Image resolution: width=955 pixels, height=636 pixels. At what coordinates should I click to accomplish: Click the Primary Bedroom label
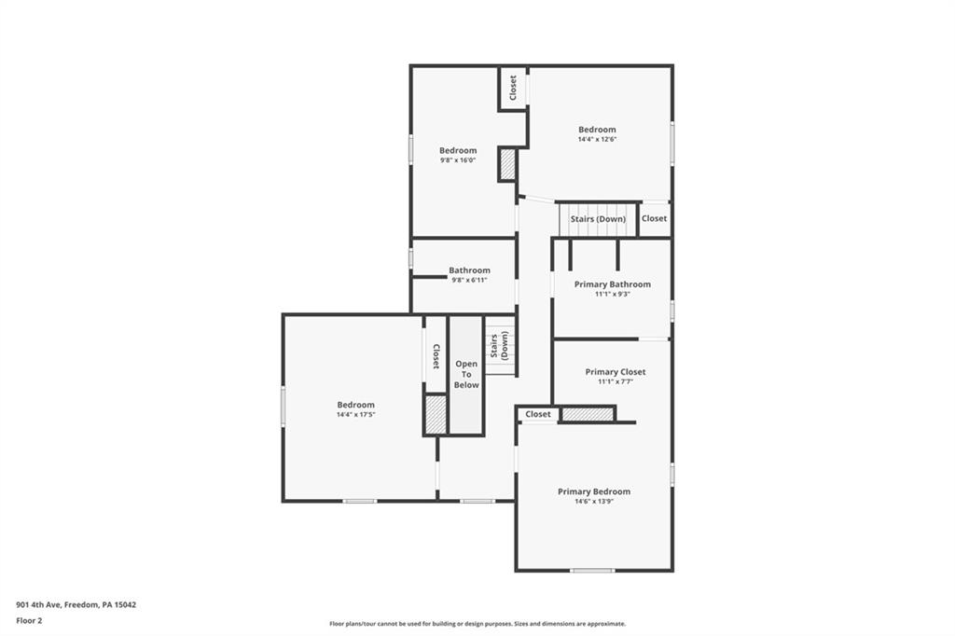tap(593, 491)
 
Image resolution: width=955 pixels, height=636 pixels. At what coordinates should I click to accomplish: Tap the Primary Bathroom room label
tap(612, 284)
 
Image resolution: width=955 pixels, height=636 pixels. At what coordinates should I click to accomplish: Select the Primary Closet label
tap(615, 372)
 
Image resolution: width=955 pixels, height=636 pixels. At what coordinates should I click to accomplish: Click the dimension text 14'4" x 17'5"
tap(355, 415)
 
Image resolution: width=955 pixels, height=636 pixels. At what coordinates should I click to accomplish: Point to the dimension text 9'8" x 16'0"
tap(457, 160)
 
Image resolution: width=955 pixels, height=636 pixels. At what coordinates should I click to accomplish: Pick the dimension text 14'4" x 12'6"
tap(597, 140)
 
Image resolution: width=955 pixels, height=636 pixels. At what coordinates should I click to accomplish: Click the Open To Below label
tap(466, 374)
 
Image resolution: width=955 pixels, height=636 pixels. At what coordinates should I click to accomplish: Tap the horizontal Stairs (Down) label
tap(598, 219)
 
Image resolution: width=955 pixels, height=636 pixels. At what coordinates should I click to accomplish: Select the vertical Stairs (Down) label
tap(500, 346)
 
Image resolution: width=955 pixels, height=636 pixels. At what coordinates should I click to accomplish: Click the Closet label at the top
tap(513, 89)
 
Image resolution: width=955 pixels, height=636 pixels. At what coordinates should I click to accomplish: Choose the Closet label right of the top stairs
tap(654, 218)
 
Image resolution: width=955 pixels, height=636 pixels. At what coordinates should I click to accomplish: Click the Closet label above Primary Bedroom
tap(538, 414)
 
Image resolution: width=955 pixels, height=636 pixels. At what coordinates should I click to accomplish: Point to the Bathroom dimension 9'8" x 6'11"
tap(469, 280)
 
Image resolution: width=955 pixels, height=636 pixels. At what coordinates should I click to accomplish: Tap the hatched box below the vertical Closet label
tap(436, 414)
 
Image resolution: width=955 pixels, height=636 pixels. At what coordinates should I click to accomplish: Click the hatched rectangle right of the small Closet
tap(588, 414)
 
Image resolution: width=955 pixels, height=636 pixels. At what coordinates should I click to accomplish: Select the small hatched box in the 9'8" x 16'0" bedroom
tap(507, 165)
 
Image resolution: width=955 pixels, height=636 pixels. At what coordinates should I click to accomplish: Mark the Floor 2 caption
tap(29, 620)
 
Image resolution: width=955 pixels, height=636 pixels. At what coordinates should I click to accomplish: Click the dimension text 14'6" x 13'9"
tap(593, 502)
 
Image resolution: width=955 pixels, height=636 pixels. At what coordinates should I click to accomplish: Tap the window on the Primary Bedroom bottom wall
tap(593, 570)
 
